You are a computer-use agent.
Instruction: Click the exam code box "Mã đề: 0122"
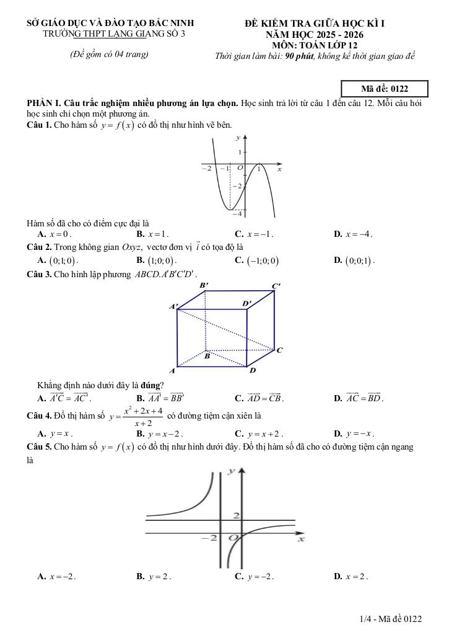coord(384,89)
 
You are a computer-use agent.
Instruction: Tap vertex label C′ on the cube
coord(276,286)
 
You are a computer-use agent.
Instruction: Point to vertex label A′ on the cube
coord(173,306)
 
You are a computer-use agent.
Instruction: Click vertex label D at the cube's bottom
coord(252,370)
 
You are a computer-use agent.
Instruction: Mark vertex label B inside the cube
coord(207,357)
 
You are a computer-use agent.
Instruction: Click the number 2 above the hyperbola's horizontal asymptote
coord(235,516)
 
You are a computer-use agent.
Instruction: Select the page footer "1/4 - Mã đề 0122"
coord(390,619)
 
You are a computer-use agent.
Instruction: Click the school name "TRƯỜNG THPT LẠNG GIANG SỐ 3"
coord(114,34)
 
